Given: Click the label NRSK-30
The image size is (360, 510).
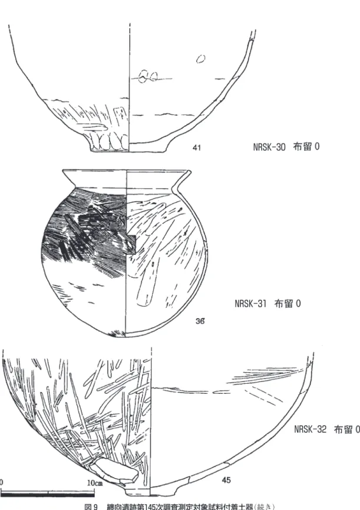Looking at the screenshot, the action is pyautogui.click(x=269, y=147).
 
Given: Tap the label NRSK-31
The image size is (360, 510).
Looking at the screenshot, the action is pyautogui.click(x=250, y=304).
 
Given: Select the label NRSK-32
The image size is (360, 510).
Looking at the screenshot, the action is pyautogui.click(x=311, y=429).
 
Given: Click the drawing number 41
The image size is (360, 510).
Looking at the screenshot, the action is pyautogui.click(x=197, y=147).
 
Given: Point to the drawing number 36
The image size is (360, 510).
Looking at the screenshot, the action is pyautogui.click(x=200, y=321).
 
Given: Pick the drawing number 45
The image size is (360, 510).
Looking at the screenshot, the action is pyautogui.click(x=226, y=480).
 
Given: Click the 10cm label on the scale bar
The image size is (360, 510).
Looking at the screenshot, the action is pyautogui.click(x=95, y=483).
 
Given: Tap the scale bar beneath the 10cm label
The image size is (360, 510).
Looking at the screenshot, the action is pyautogui.click(x=48, y=493).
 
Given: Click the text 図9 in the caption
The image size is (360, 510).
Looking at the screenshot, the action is pyautogui.click(x=91, y=506).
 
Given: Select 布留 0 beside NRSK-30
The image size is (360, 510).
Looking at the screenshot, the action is pyautogui.click(x=306, y=147).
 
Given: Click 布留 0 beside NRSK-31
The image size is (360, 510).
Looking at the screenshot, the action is pyautogui.click(x=288, y=304).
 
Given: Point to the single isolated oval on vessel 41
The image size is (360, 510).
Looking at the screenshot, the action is pyautogui.click(x=200, y=58).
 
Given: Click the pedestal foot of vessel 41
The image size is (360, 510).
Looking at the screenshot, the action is pyautogui.click(x=109, y=143).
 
